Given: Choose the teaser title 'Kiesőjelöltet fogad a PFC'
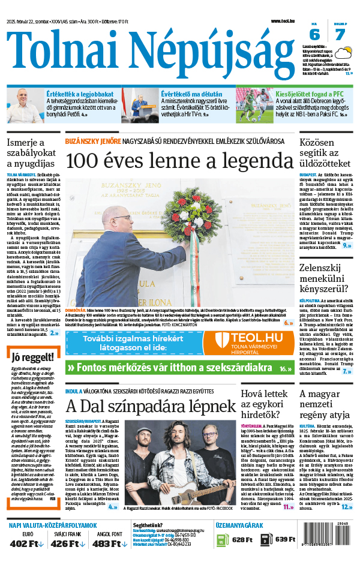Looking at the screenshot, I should click(x=310, y=94).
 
